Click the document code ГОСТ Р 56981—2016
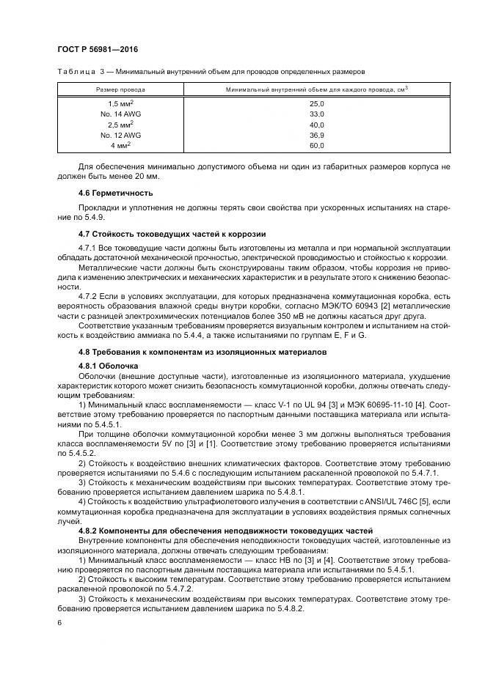pos(98,49)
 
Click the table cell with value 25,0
pos(317,105)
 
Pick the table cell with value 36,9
pos(317,136)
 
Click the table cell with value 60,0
pos(317,146)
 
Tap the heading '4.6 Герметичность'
pos(114,193)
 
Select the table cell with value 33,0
pos(317,115)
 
